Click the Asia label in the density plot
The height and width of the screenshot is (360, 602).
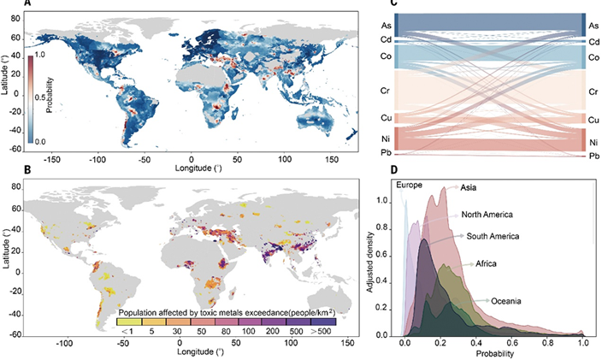[x=469, y=188]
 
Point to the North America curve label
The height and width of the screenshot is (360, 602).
[x=488, y=214]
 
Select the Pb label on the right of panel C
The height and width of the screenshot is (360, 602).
[x=593, y=156]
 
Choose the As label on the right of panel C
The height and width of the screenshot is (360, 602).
[x=593, y=26]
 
